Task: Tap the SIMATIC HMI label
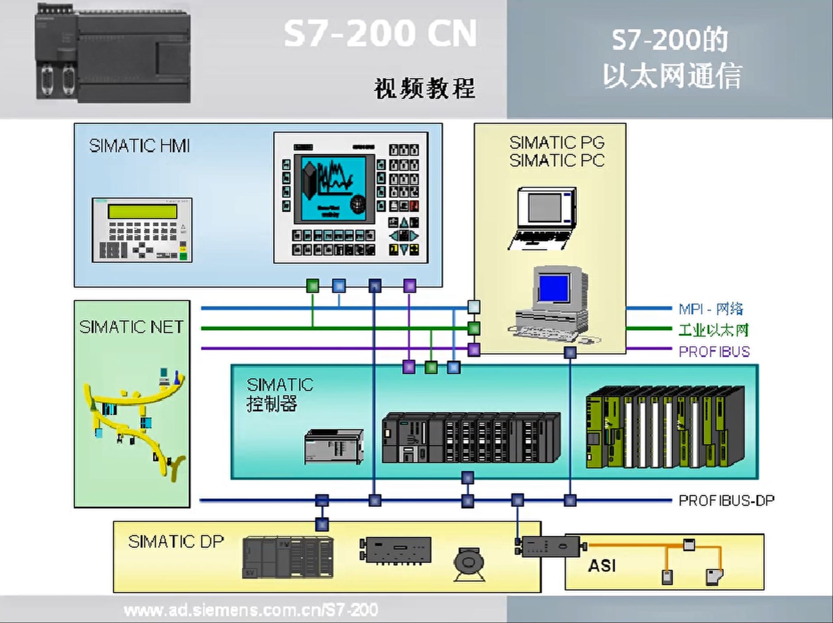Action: pyautogui.click(x=139, y=145)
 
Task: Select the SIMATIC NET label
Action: pyautogui.click(x=131, y=327)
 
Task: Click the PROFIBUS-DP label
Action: pyautogui.click(x=726, y=500)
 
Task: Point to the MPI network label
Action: pyautogui.click(x=711, y=309)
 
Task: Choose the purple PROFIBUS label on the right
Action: pyautogui.click(x=714, y=352)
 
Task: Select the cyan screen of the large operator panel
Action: pyautogui.click(x=333, y=189)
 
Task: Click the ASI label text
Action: pyautogui.click(x=601, y=565)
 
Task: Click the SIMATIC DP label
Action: pyautogui.click(x=175, y=541)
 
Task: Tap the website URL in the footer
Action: pyautogui.click(x=251, y=610)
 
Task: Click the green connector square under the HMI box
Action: pyautogui.click(x=312, y=286)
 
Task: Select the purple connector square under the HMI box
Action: pyautogui.click(x=409, y=286)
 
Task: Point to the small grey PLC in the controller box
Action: pyautogui.click(x=334, y=446)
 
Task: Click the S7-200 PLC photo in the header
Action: pyautogui.click(x=113, y=53)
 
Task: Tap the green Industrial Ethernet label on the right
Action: pyautogui.click(x=713, y=330)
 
